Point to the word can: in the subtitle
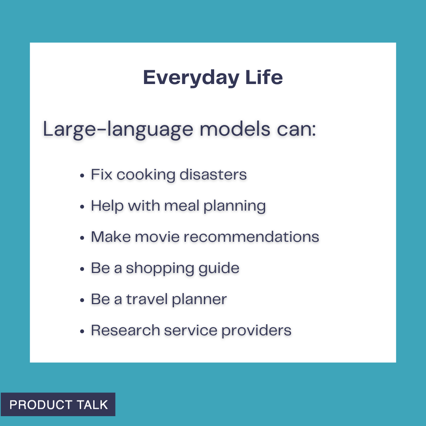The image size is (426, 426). point(297,129)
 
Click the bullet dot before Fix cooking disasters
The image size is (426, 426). point(82,175)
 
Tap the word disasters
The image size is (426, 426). point(213,174)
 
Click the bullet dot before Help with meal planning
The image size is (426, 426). point(82,206)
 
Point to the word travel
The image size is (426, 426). point(147,299)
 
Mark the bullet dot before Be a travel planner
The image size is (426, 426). point(82,300)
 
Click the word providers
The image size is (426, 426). point(256,331)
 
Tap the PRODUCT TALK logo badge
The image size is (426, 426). point(58,404)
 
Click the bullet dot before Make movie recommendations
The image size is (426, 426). point(82,237)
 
